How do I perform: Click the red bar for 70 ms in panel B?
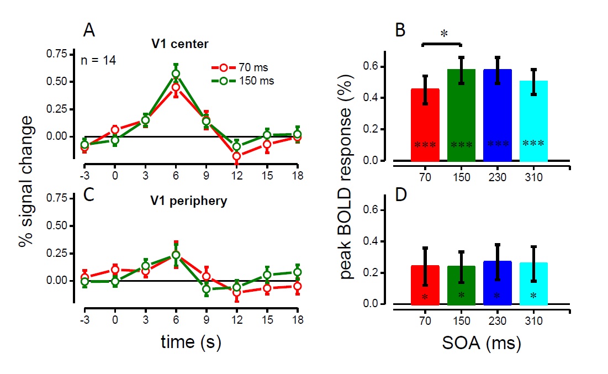(425, 124)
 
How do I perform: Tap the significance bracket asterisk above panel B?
(443, 34)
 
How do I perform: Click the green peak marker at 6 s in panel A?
(176, 73)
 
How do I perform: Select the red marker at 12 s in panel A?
(236, 156)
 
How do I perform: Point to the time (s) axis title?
(191, 343)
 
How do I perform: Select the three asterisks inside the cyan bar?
(533, 144)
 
